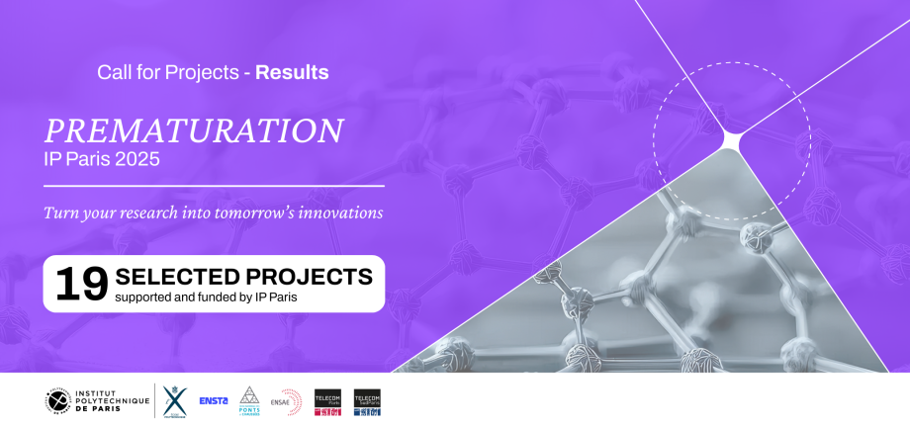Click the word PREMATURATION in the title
[194, 130]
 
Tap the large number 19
[81, 284]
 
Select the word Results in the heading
[292, 72]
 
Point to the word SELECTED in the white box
[184, 276]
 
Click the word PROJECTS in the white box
[315, 276]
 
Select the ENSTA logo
[214, 400]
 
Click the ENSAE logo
[286, 400]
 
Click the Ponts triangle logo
[249, 400]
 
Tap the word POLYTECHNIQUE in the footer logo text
[110, 400]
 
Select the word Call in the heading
[113, 72]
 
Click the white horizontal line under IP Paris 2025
[214, 185]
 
